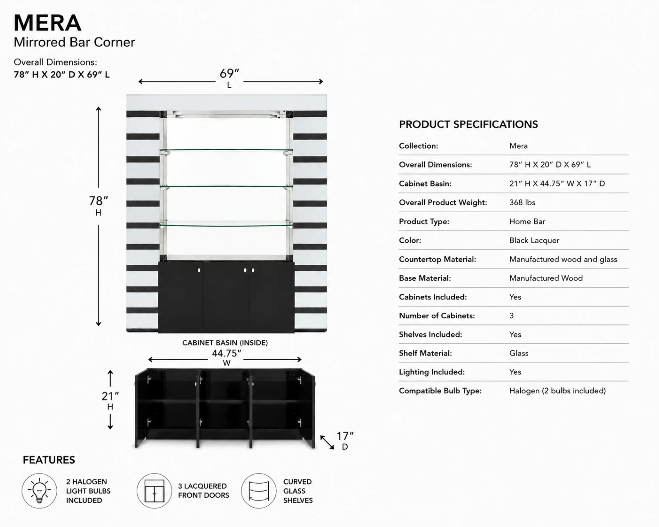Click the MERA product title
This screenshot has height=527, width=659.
pyautogui.click(x=47, y=23)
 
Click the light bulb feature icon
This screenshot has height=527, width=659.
pyautogui.click(x=39, y=491)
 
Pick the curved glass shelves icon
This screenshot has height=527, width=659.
pyautogui.click(x=259, y=491)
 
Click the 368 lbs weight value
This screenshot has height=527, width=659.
pyautogui.click(x=522, y=203)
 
